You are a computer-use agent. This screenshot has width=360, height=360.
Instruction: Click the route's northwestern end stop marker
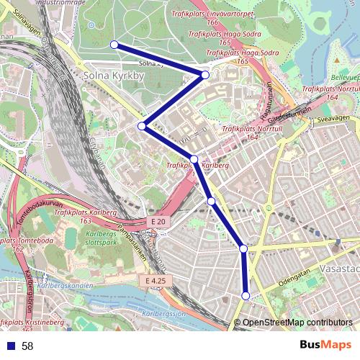click(114, 45)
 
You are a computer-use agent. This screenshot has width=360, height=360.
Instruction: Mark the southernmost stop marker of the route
click(246, 296)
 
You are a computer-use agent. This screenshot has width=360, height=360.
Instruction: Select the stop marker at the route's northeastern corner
click(205, 75)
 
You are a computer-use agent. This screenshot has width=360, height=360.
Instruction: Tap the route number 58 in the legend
click(27, 346)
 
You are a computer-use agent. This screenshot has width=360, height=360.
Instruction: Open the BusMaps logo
click(325, 346)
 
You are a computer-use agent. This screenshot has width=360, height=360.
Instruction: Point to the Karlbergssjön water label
click(165, 315)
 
